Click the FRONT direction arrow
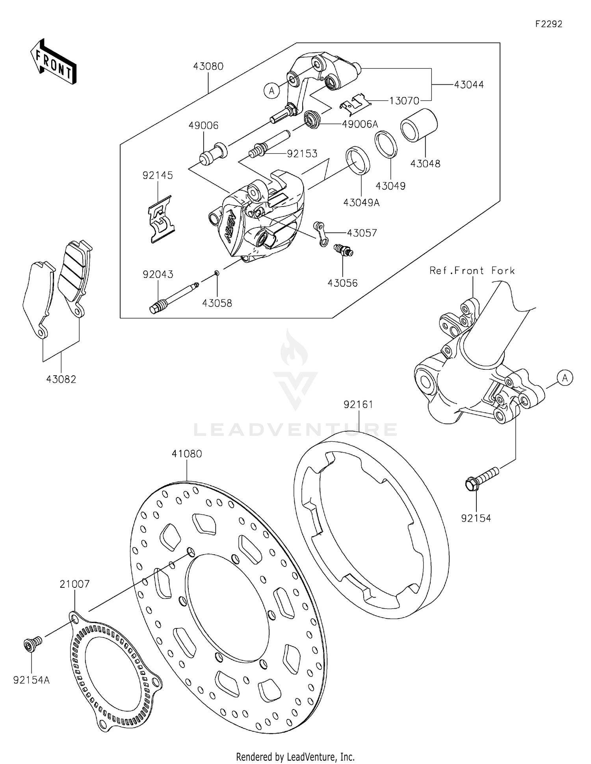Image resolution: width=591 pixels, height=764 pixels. (x=53, y=62)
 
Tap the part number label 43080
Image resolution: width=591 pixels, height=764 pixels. (x=208, y=66)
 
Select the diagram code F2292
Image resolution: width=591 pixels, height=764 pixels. (x=549, y=24)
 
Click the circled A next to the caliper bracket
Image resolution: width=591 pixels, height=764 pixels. (x=271, y=91)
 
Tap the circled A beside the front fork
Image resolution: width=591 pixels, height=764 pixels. (x=565, y=378)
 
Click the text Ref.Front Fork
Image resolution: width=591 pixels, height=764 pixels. (x=472, y=270)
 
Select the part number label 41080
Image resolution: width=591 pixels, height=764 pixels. (x=187, y=454)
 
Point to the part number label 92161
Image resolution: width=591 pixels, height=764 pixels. (x=358, y=404)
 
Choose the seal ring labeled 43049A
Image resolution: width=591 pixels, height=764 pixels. (x=358, y=160)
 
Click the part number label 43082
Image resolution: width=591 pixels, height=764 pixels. (x=61, y=379)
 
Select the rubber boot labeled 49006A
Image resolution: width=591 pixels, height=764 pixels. (x=313, y=119)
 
